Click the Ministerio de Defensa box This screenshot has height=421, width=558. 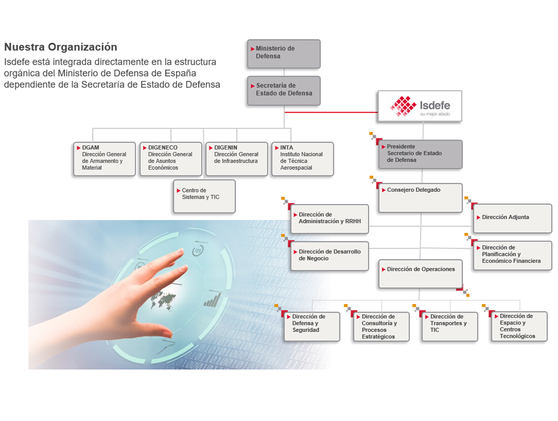point(284,53)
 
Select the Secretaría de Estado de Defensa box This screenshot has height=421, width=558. point(284,91)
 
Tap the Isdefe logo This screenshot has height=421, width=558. point(420,106)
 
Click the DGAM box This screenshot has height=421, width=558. point(105,159)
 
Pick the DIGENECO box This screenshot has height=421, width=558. point(171,159)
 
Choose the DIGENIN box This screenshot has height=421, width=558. point(237,159)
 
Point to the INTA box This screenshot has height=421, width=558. point(302,159)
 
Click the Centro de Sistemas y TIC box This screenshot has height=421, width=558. point(204,197)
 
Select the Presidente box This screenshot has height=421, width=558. point(421,155)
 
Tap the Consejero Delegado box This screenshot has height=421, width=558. point(421,198)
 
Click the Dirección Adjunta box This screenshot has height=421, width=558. point(513,219)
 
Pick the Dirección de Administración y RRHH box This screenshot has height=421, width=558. point(330,219)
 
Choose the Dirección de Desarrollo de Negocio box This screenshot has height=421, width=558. point(330,256)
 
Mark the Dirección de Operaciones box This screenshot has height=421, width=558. point(421,274)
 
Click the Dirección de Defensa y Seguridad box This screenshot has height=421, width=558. point(312,327)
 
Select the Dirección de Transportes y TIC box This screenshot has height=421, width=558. point(450,327)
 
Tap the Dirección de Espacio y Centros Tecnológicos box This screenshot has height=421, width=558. point(519,326)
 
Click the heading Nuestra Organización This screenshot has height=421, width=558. point(60,47)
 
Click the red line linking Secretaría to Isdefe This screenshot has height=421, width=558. point(331,112)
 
